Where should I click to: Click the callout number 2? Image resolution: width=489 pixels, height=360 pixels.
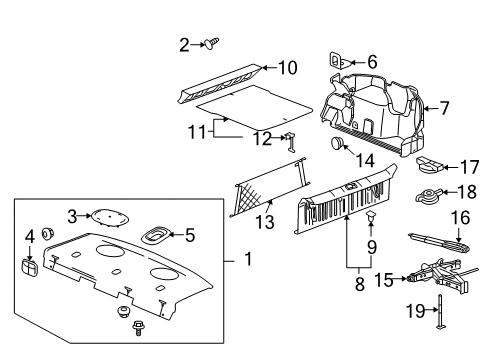(184, 44)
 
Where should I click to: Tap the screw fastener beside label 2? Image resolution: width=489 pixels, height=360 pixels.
(211, 42)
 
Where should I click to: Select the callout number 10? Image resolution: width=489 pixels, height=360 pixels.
(288, 68)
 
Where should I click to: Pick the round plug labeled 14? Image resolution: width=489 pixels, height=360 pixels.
(340, 145)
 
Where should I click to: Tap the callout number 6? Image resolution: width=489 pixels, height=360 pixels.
(372, 62)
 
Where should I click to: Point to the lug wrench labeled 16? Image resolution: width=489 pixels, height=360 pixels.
(436, 241)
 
